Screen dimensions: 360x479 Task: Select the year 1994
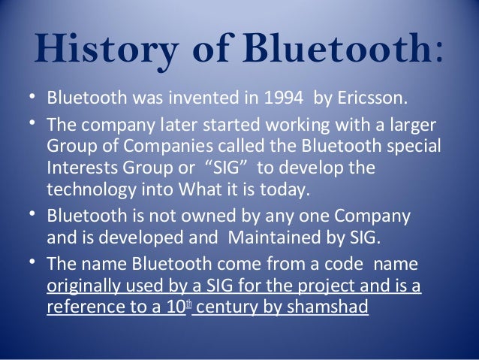click(264, 98)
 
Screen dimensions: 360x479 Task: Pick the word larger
click(411, 123)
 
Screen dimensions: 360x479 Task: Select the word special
click(413, 145)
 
